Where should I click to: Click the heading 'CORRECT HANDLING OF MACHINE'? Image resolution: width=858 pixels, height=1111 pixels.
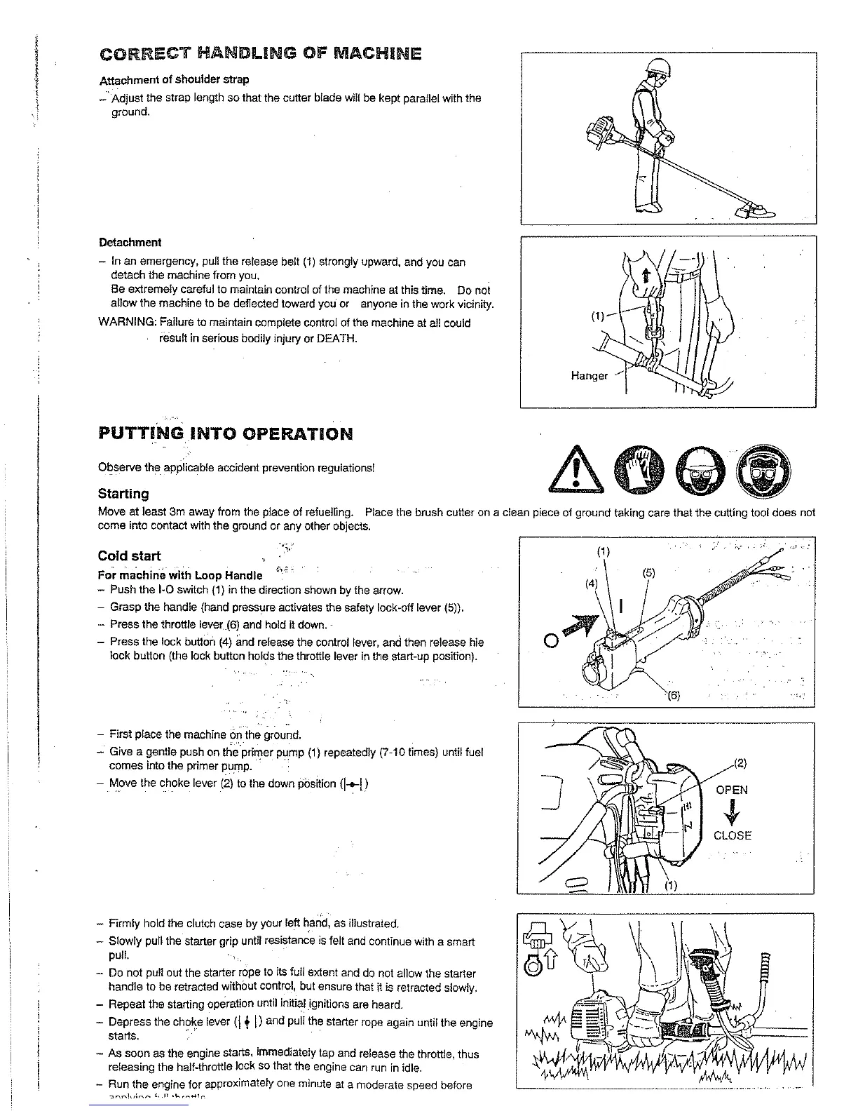tap(260, 54)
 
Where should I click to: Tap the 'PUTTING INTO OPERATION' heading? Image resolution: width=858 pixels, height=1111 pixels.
tap(225, 433)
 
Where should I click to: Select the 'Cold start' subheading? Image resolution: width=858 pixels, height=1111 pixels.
tap(129, 556)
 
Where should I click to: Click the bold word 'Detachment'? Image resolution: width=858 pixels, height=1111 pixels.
tap(130, 243)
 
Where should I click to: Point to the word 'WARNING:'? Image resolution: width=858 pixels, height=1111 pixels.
tap(127, 323)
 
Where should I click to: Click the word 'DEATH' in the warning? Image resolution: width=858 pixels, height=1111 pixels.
tap(336, 339)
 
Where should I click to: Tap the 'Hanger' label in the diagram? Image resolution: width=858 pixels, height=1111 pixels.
tap(589, 376)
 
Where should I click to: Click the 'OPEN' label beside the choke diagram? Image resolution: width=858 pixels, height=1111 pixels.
tap(731, 790)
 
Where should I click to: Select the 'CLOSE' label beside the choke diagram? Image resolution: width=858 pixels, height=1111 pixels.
tap(732, 835)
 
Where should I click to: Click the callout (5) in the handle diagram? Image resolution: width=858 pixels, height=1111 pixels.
tap(648, 573)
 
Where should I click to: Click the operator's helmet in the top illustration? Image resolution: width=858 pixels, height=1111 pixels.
tap(658, 67)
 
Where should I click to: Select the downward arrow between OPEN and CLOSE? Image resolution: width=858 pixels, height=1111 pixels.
tap(732, 813)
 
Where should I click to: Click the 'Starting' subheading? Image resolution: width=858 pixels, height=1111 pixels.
tap(123, 494)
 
